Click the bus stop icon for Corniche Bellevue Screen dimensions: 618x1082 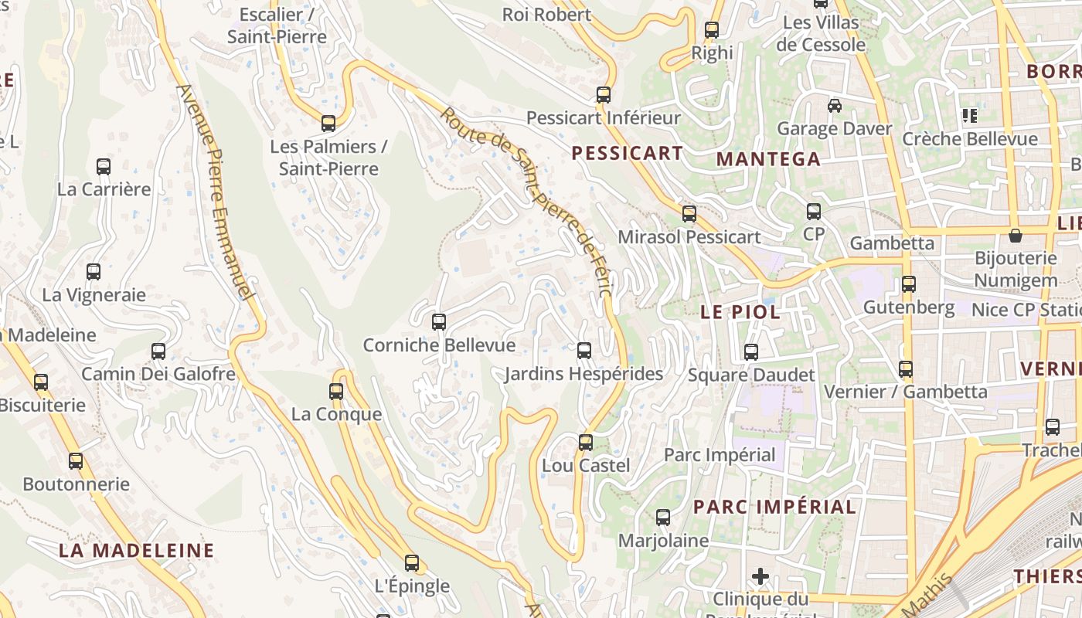tap(439, 321)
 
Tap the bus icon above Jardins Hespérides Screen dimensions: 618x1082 tap(584, 351)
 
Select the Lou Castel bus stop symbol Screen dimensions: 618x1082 tap(586, 443)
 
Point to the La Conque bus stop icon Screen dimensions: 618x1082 tap(336, 392)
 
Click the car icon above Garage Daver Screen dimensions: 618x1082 tap(835, 105)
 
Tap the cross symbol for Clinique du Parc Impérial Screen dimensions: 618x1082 tap(760, 576)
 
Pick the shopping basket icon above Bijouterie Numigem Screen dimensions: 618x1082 tap(1015, 235)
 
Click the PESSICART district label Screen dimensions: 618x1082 tap(628, 153)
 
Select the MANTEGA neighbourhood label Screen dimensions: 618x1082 tap(768, 159)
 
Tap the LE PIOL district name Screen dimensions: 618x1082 tap(740, 313)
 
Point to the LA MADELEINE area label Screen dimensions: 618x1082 tap(137, 551)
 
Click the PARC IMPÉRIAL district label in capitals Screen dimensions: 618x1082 tap(774, 507)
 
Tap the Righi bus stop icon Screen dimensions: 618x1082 tap(712, 30)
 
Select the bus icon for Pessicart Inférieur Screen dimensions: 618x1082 tap(604, 95)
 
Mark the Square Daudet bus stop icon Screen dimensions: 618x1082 tap(751, 352)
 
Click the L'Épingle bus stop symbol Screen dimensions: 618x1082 tap(412, 563)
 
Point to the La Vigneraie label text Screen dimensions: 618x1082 tap(94, 294)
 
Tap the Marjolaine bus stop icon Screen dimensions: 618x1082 tap(663, 518)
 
